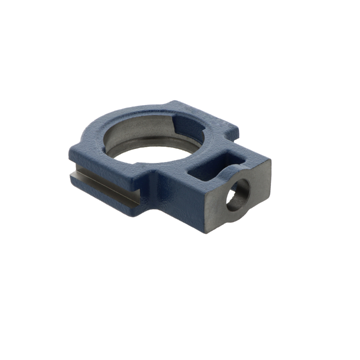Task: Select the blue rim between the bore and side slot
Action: click(x=90, y=148)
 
